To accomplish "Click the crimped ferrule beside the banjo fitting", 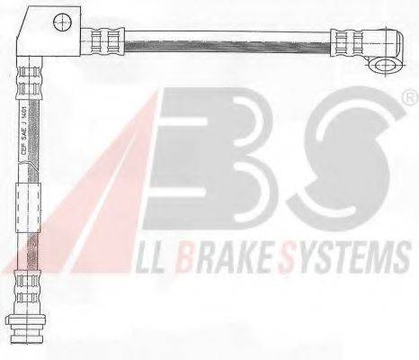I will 347,40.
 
